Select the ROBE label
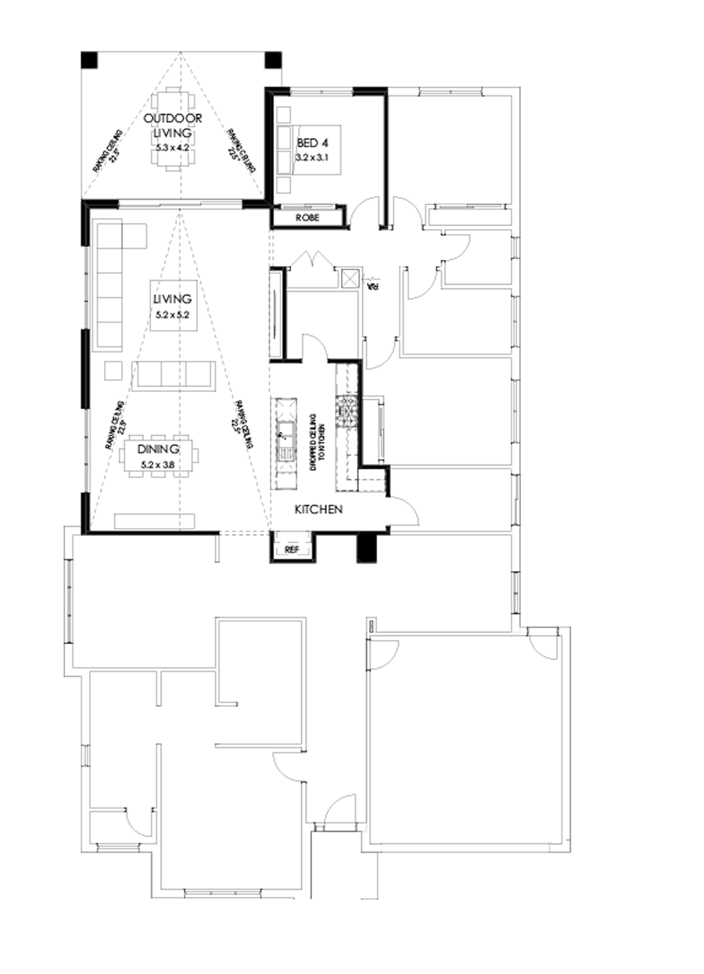[307, 217]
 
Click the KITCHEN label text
[319, 509]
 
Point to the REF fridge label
[292, 549]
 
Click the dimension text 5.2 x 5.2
[172, 314]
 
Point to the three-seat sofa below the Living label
[175, 375]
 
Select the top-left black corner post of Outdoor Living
[89, 59]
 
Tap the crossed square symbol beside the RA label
[350, 279]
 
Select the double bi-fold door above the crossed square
[316, 259]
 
